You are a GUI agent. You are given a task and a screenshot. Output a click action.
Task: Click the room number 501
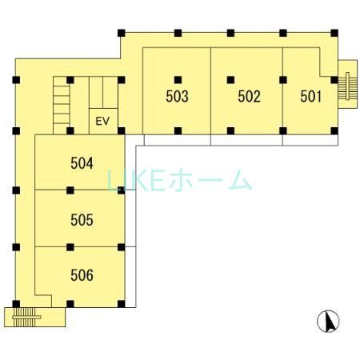310,97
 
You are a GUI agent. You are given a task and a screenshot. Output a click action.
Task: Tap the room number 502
250,97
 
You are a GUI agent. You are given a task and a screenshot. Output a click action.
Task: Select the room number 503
177,97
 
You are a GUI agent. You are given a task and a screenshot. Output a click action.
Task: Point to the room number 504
82,164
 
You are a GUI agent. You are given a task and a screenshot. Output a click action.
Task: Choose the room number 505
82,220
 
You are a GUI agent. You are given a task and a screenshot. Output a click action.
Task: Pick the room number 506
82,276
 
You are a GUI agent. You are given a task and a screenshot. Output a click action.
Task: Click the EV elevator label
102,122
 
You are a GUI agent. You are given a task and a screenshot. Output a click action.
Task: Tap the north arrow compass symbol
328,322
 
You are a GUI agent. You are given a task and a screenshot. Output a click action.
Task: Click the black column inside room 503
178,79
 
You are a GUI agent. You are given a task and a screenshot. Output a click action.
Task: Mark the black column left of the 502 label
230,79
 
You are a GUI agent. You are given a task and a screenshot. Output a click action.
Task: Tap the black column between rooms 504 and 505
70,190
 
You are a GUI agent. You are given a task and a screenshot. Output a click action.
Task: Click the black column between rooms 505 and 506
70,246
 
